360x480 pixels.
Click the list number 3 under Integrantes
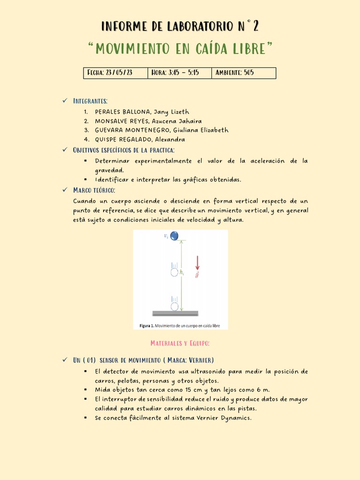pyautogui.click(x=86, y=130)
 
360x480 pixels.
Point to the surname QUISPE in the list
pyautogui.click(x=107, y=139)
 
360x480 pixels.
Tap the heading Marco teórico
pyautogui.click(x=94, y=190)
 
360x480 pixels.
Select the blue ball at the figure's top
pyautogui.click(x=174, y=235)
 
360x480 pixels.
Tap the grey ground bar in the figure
pyautogui.click(x=175, y=313)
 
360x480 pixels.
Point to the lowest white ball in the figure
pyautogui.click(x=174, y=306)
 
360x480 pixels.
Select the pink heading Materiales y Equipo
pyautogui.click(x=180, y=344)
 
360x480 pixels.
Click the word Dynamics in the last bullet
pyautogui.click(x=235, y=417)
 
